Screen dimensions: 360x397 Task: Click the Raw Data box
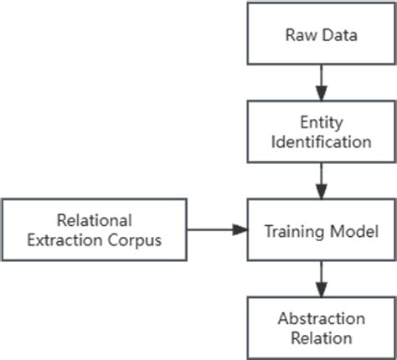[322, 36]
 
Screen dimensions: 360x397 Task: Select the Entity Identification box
[322, 131]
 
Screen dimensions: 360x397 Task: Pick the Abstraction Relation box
[322, 327]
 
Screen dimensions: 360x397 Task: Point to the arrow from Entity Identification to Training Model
[322, 180]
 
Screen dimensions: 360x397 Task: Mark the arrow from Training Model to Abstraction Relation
[322, 278]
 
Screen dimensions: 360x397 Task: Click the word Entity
[322, 122]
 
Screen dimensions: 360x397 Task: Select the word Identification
[322, 141]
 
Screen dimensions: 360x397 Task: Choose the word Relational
[94, 220]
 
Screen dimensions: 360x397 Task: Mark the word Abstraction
[322, 318]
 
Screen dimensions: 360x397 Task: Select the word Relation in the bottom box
[322, 337]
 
